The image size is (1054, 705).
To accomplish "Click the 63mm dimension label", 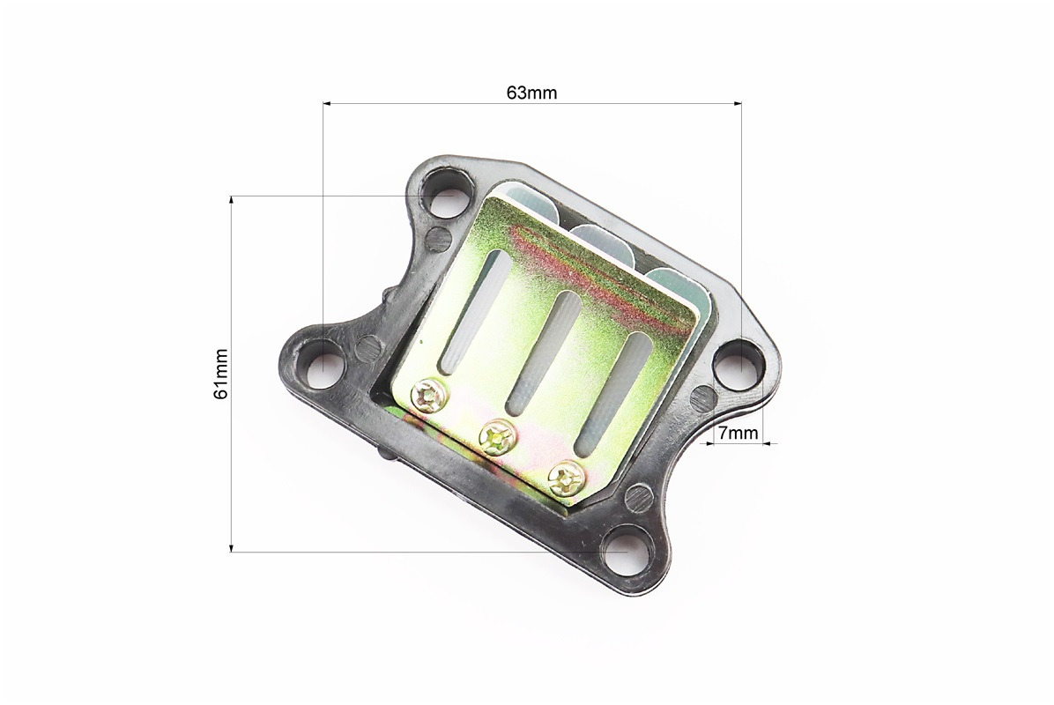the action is pyautogui.click(x=531, y=93).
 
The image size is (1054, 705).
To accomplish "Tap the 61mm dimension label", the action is pyautogui.click(x=220, y=374).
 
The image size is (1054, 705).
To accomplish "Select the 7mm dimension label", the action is pyautogui.click(x=739, y=434).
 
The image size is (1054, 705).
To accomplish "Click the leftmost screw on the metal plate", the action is pyautogui.click(x=429, y=394).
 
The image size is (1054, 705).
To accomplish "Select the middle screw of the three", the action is pyautogui.click(x=497, y=436).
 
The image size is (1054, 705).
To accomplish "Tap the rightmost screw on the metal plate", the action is pyautogui.click(x=566, y=477).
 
